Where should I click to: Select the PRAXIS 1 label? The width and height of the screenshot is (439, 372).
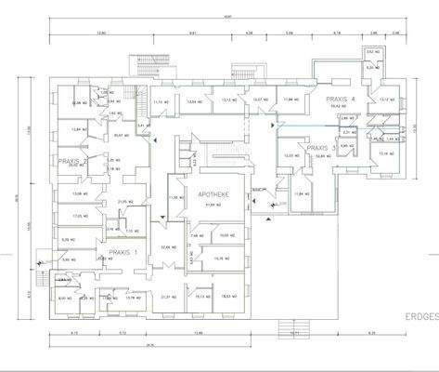(122, 252)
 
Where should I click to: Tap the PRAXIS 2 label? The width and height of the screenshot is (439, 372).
(73, 160)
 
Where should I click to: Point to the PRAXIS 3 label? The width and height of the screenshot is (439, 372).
(319, 148)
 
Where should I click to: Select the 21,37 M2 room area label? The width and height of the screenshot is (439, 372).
(169, 297)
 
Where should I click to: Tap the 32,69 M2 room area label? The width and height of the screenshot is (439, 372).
(167, 247)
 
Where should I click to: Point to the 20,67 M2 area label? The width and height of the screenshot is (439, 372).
(121, 135)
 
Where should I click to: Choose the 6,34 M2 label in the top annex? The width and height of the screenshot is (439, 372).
(373, 67)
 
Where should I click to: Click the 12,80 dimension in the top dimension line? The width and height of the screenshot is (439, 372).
(102, 32)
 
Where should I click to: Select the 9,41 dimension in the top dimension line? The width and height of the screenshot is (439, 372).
(192, 32)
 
